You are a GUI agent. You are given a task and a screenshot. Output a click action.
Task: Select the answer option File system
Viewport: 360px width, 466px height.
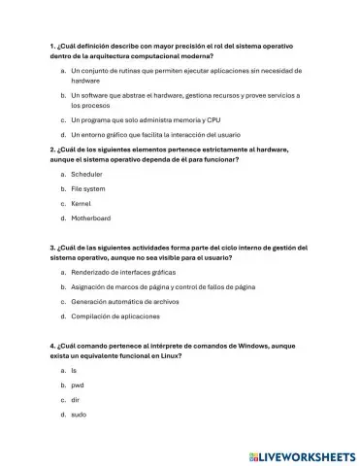[88, 188]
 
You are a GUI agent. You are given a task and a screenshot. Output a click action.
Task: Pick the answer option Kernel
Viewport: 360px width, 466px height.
[82, 204]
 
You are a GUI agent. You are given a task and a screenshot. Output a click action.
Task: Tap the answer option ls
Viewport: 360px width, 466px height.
[74, 371]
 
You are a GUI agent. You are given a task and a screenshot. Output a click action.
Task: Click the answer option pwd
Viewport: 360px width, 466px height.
[78, 385]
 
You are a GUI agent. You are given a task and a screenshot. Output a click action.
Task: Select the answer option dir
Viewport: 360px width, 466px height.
[76, 400]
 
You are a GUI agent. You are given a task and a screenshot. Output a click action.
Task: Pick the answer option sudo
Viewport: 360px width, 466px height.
[79, 415]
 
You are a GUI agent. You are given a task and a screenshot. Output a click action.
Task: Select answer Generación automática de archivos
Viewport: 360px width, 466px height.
[125, 302]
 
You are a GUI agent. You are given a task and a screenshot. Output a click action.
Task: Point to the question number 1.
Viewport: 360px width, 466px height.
[51, 47]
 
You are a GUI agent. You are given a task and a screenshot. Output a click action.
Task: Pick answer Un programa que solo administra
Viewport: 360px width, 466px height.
[146, 119]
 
